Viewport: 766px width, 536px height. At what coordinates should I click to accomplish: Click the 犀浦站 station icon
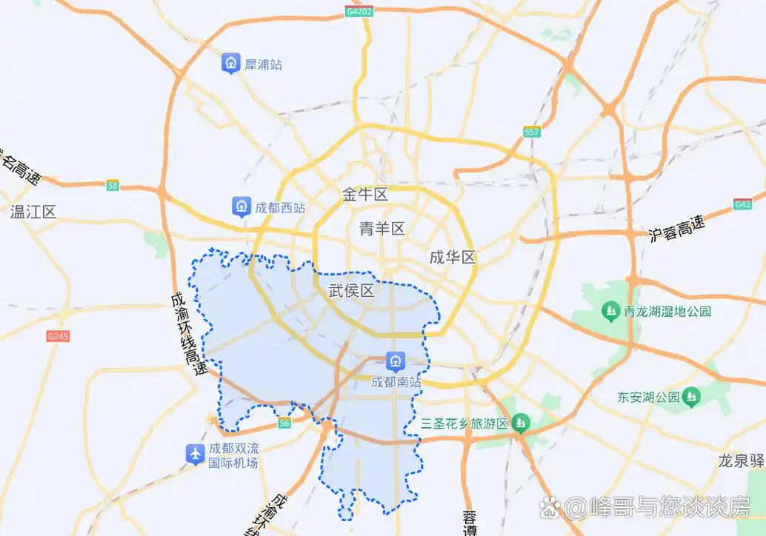[232, 63]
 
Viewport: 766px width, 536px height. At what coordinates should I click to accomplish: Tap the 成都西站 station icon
[241, 207]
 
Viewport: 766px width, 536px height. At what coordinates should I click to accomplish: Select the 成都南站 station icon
[396, 362]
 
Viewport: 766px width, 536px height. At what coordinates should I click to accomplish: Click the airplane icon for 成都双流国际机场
[195, 454]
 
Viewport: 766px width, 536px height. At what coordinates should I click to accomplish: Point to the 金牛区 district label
[365, 195]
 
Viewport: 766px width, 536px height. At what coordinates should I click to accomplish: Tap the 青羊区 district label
[382, 228]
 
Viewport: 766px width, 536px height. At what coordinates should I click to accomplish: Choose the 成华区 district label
[453, 258]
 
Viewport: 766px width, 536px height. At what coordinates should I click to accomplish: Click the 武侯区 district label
[351, 291]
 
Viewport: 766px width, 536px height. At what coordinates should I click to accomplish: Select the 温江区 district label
[33, 212]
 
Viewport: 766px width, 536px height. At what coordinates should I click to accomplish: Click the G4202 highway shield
[359, 12]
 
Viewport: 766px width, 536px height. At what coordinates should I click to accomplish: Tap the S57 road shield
[531, 132]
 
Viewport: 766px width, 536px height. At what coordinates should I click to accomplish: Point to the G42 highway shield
[742, 204]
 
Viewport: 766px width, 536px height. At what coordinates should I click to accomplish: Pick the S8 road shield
[112, 186]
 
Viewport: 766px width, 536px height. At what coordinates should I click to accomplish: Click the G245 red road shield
[58, 336]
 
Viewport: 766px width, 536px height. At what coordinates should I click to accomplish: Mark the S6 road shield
[284, 423]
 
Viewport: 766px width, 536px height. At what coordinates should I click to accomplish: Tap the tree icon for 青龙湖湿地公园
[610, 309]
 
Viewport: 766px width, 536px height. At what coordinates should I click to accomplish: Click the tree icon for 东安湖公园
[691, 397]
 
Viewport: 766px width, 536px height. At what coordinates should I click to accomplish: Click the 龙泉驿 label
[741, 460]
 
